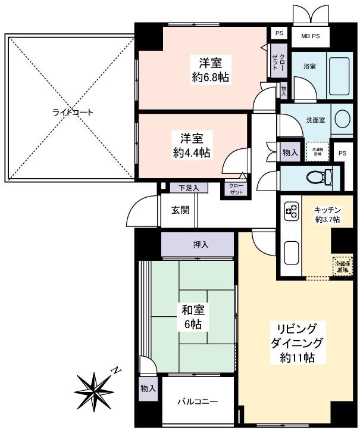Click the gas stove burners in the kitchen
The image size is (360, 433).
point(292,210)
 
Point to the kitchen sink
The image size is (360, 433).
point(292,253)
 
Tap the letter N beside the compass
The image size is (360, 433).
point(117,370)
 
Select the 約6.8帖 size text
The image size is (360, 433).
point(209,77)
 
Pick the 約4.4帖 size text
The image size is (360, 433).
point(187,152)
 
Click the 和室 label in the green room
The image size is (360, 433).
point(192,310)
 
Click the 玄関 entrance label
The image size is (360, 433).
point(180,210)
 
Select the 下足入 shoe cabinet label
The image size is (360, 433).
point(189,188)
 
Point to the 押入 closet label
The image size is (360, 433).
point(201,244)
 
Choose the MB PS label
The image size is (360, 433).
point(310,36)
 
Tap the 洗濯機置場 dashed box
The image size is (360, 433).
point(315,151)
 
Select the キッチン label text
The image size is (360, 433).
point(327,209)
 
